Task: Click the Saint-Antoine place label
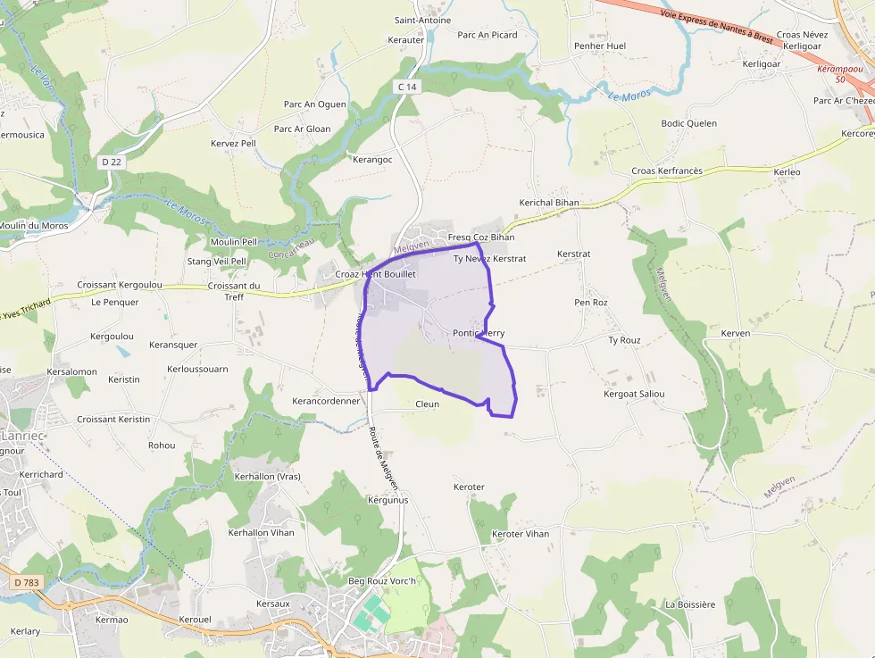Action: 422,21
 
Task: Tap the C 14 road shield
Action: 407,86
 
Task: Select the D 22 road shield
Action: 111,162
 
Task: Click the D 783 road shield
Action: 28,583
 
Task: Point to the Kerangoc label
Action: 372,160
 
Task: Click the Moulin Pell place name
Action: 233,242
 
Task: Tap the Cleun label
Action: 427,404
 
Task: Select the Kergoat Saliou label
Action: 634,394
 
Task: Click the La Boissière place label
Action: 690,604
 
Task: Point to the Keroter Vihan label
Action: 521,534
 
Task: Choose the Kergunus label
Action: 387,500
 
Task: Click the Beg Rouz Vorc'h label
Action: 382,582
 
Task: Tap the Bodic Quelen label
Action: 688,124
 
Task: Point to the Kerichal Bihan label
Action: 549,203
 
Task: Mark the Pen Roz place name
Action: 591,303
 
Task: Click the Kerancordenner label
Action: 326,402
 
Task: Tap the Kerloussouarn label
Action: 197,369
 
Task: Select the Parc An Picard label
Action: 487,35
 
